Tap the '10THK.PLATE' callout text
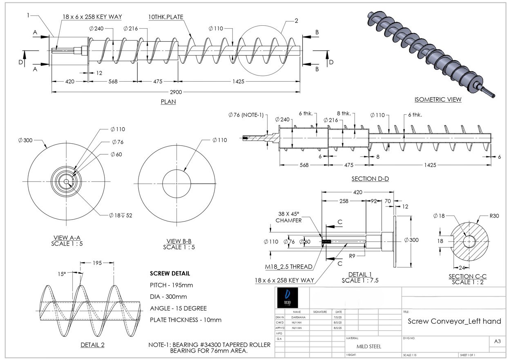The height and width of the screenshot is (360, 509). coord(166,17)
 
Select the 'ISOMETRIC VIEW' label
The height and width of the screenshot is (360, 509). coord(438,99)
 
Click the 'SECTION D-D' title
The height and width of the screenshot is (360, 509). coord(370,179)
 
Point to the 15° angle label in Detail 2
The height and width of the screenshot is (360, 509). coord(62,274)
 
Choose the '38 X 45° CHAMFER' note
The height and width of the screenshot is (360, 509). coord(288,217)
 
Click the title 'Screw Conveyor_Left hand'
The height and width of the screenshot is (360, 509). coord(454,321)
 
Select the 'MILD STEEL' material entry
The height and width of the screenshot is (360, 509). coord(369,347)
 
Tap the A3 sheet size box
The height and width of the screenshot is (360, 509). coord(497,342)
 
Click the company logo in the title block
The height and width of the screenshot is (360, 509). coord(288,298)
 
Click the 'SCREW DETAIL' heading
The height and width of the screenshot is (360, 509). coord(170,273)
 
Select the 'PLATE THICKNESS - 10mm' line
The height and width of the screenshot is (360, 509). coord(185,320)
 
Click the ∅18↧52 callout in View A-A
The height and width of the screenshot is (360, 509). coord(121,215)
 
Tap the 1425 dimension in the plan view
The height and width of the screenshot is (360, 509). coord(238,81)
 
